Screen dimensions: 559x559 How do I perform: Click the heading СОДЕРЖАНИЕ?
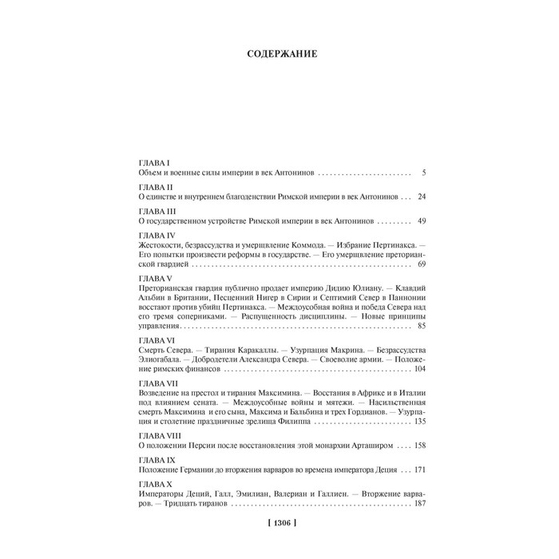pyautogui.click(x=279, y=54)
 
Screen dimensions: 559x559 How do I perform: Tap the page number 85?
pyautogui.click(x=422, y=326)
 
